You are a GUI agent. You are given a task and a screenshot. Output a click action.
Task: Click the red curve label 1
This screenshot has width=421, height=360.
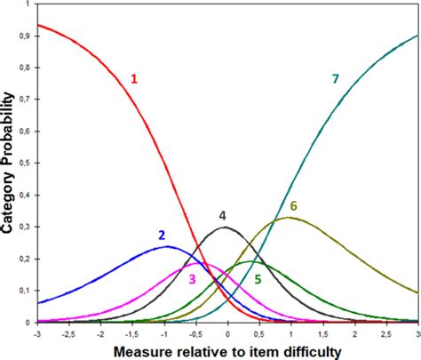[x=135, y=79]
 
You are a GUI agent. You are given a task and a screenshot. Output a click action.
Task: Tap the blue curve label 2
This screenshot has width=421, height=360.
[x=162, y=236]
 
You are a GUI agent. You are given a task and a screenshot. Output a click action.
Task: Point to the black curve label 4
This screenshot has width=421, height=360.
[x=223, y=215]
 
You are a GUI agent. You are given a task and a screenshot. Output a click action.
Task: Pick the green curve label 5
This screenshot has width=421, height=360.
[x=258, y=279]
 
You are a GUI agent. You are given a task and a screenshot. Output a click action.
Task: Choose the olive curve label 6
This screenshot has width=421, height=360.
[x=293, y=206]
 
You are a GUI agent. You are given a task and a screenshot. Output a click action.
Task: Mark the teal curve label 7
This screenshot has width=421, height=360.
[x=335, y=79]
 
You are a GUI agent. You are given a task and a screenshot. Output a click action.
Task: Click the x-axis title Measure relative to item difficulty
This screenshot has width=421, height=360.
[x=227, y=351]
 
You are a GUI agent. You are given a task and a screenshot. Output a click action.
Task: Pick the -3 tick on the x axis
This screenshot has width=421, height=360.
[x=37, y=334]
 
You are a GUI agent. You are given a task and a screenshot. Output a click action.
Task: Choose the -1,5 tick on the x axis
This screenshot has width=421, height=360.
[x=131, y=334]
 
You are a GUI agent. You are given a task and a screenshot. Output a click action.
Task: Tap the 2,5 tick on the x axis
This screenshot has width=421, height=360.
[x=386, y=334]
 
